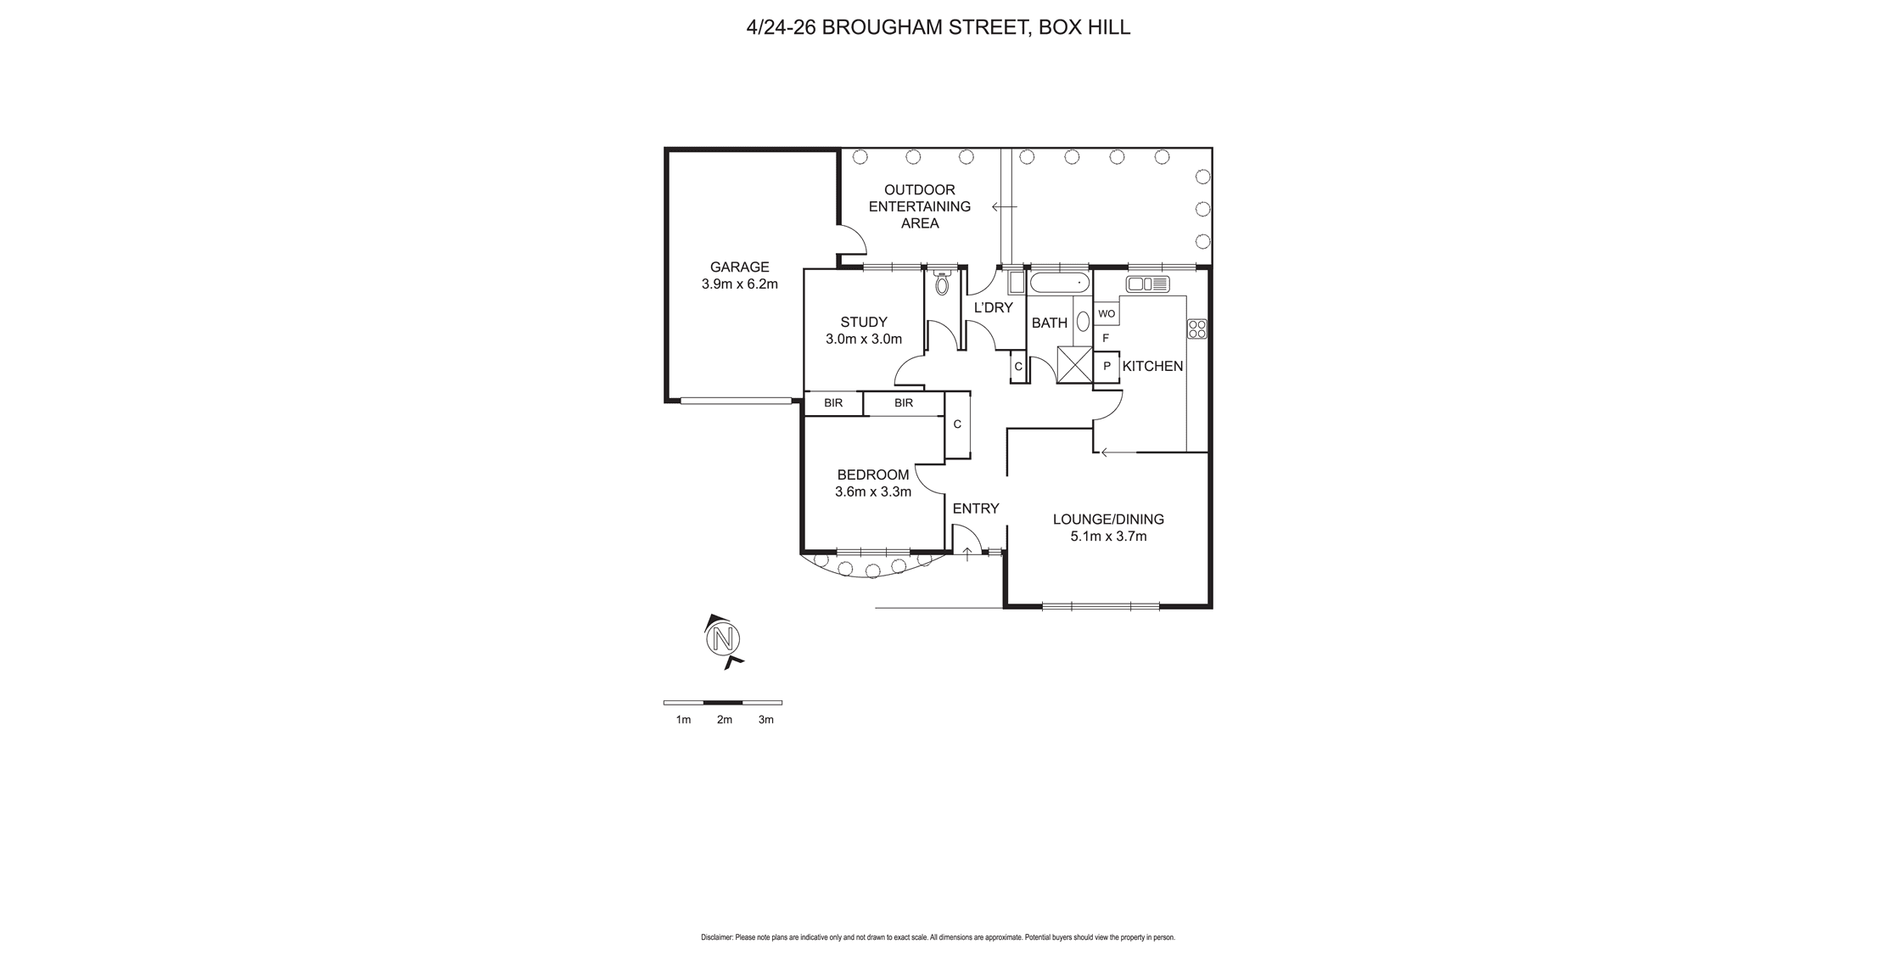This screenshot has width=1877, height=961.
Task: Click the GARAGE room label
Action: (x=739, y=267)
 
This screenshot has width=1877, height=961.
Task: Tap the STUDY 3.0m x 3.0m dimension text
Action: (x=863, y=340)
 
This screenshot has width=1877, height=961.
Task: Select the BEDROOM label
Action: (x=872, y=475)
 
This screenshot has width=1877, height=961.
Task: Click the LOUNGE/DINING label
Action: (x=1107, y=520)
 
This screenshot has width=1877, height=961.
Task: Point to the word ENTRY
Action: (x=975, y=509)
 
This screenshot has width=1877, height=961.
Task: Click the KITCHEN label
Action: (x=1152, y=367)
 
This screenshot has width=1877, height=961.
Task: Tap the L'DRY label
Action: (x=993, y=308)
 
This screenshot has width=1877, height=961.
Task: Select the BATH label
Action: (x=1049, y=323)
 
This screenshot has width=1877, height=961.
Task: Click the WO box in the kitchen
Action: (x=1106, y=314)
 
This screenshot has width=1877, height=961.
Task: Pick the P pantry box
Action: (x=1107, y=367)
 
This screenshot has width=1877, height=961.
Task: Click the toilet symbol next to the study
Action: (x=941, y=284)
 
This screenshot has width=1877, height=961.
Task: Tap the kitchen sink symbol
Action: (x=1147, y=284)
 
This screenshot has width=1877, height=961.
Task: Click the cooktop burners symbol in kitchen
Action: (x=1196, y=329)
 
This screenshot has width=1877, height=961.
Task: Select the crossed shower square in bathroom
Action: (x=1074, y=365)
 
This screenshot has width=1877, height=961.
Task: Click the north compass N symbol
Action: (x=723, y=638)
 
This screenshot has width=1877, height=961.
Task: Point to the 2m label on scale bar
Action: (x=724, y=720)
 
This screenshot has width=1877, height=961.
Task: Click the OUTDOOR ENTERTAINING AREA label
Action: (x=919, y=206)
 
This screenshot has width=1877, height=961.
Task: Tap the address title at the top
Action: (x=938, y=27)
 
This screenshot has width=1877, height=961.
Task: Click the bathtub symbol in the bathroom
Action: (x=1059, y=283)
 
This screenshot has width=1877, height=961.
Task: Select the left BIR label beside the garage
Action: (x=833, y=403)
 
